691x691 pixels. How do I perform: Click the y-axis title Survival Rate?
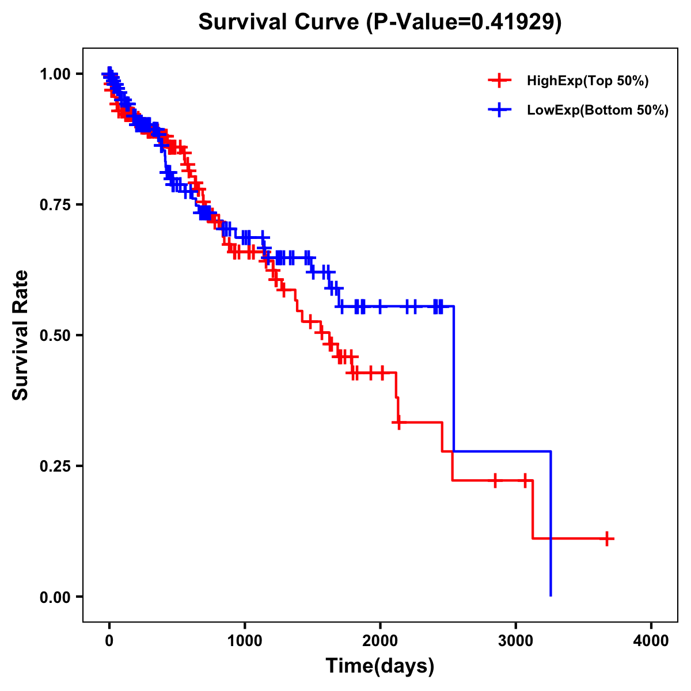click(21, 335)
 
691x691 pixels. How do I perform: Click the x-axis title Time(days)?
click(380, 666)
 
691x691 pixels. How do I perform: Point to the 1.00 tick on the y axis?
click(55, 74)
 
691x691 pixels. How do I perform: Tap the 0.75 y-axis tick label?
click(55, 204)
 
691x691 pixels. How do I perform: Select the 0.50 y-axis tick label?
click(55, 335)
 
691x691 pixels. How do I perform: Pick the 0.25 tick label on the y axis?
click(55, 466)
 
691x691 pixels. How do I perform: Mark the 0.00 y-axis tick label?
click(55, 597)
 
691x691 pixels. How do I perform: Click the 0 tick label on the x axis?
click(109, 641)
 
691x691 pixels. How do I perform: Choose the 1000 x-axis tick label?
click(245, 641)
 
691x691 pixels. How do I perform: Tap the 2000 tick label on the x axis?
click(380, 641)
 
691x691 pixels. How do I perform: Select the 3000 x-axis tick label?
click(516, 641)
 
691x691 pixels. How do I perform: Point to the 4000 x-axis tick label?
click(651, 641)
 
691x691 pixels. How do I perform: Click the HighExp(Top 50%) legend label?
click(588, 81)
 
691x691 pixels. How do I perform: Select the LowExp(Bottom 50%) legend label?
click(598, 110)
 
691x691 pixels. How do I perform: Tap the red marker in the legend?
click(499, 81)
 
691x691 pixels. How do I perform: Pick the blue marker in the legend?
click(499, 109)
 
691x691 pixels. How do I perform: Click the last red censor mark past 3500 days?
click(606, 538)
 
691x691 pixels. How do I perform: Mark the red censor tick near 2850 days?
click(495, 480)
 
